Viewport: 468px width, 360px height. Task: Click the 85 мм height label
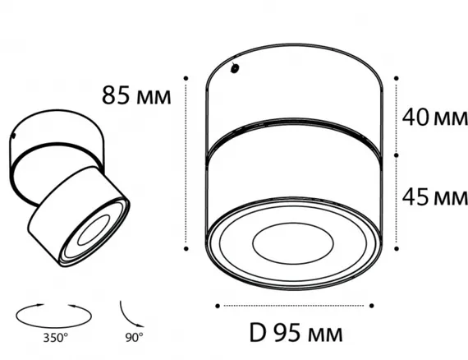(136, 95)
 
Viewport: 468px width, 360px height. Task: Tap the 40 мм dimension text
(435, 117)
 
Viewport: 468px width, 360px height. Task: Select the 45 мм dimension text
(435, 197)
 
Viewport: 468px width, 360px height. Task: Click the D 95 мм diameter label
(296, 333)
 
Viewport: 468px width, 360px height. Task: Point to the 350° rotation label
(56, 338)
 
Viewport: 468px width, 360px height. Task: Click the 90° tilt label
(134, 337)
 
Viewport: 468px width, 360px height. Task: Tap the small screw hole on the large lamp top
(235, 69)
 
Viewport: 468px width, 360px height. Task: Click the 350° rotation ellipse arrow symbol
(53, 327)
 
